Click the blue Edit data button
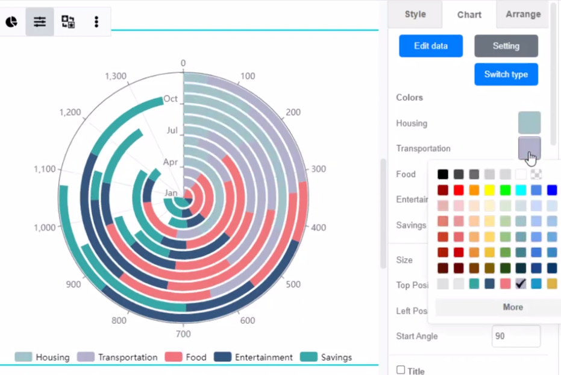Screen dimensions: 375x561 (x=431, y=46)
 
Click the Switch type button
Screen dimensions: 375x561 (x=506, y=74)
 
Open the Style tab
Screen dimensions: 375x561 (x=415, y=14)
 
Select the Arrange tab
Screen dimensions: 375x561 (x=522, y=14)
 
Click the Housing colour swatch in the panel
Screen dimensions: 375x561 (x=529, y=122)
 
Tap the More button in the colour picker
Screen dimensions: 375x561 (x=513, y=307)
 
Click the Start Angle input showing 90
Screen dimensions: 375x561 (x=516, y=336)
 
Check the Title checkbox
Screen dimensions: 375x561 (x=401, y=370)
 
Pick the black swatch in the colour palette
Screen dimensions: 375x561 (x=443, y=174)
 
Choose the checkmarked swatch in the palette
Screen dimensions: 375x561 (x=521, y=283)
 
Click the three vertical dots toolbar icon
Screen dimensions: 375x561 (x=96, y=22)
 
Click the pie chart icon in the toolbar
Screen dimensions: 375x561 (x=11, y=22)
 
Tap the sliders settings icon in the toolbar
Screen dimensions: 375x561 (x=40, y=22)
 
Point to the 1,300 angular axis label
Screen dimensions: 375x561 (x=116, y=76)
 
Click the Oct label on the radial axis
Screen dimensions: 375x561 (x=171, y=98)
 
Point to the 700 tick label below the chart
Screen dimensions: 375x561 (x=183, y=333)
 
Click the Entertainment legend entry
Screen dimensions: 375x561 (x=254, y=357)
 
